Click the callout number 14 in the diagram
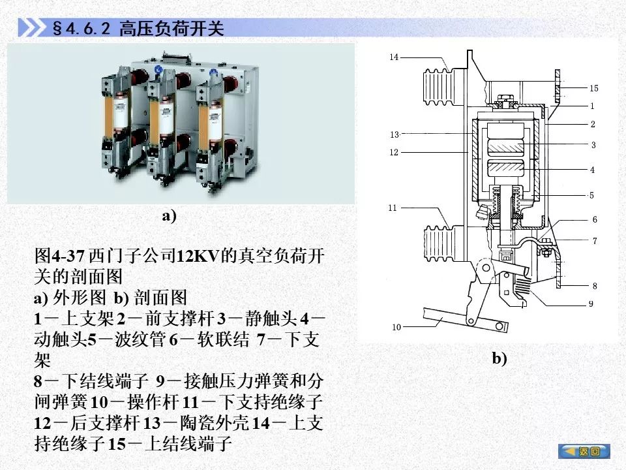[x=394, y=57]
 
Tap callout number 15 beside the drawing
[x=593, y=88]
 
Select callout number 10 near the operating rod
[x=396, y=327]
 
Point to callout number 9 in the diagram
[x=591, y=304]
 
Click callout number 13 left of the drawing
[x=395, y=134]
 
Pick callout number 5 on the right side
[x=591, y=195]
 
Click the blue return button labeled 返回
[x=584, y=451]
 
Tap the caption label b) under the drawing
[x=499, y=358]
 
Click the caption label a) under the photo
[x=169, y=216]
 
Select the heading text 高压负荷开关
[x=171, y=28]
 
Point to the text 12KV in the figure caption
[x=198, y=255]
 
